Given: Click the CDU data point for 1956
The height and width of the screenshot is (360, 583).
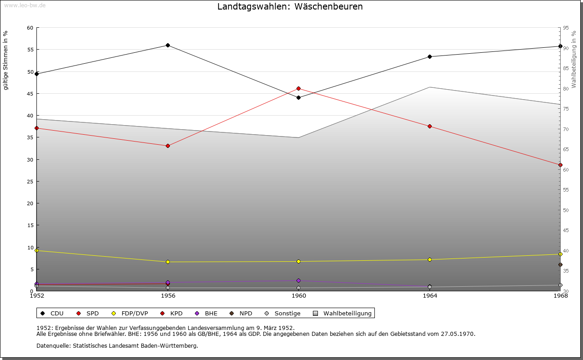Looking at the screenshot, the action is pyautogui.click(x=168, y=45).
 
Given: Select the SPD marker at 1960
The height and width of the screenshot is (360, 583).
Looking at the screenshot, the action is pyautogui.click(x=298, y=88).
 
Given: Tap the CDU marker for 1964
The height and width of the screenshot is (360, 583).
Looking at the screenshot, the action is pyautogui.click(x=430, y=56).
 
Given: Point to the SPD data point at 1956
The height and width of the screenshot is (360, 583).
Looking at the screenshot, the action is pyautogui.click(x=168, y=146).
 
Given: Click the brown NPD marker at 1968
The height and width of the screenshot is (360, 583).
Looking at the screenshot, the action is pyautogui.click(x=560, y=264).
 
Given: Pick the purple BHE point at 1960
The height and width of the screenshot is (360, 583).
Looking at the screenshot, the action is pyautogui.click(x=298, y=280).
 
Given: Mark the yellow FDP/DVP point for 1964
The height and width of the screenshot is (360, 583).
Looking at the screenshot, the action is pyautogui.click(x=430, y=259).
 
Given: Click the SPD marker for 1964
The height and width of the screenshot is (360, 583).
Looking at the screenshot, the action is pyautogui.click(x=430, y=126).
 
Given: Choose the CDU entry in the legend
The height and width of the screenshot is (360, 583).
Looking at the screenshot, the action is pyautogui.click(x=52, y=313).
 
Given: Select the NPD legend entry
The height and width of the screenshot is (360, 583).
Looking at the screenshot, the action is pyautogui.click(x=241, y=313).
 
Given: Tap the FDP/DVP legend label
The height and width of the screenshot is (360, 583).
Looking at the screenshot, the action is pyautogui.click(x=134, y=313).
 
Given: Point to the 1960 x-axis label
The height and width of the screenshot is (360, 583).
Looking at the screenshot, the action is pyautogui.click(x=299, y=296).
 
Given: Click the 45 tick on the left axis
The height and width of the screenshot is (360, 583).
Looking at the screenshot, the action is pyautogui.click(x=30, y=94).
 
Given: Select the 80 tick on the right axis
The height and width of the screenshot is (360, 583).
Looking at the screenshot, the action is pyautogui.click(x=566, y=89).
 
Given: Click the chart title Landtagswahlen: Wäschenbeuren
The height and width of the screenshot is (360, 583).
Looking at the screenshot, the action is pyautogui.click(x=290, y=6).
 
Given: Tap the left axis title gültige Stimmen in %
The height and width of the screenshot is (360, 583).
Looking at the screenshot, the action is pyautogui.click(x=5, y=61).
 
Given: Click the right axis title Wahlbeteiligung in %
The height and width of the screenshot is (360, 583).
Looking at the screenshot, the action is pyautogui.click(x=574, y=59).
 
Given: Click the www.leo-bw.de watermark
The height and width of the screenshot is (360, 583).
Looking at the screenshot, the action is pyautogui.click(x=25, y=5).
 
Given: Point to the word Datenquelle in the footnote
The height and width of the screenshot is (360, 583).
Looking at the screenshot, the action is pyautogui.click(x=53, y=346).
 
